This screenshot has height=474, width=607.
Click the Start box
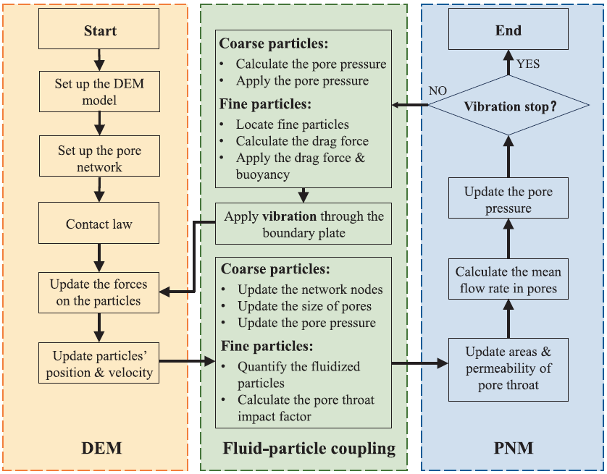pyautogui.click(x=100, y=31)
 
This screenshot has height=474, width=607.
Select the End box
pyautogui.click(x=508, y=31)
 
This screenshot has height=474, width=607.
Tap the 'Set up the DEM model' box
pyautogui.click(x=99, y=92)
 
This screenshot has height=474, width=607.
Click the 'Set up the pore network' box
pyautogui.click(x=99, y=159)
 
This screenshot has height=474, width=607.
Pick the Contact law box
pyautogui.click(x=99, y=224)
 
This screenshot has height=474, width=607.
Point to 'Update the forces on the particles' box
pyautogui.click(x=99, y=292)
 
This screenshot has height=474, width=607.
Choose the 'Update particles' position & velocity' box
pyautogui.click(x=99, y=364)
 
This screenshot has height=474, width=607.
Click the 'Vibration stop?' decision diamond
pyautogui.click(x=509, y=106)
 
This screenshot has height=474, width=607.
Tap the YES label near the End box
pyautogui.click(x=528, y=64)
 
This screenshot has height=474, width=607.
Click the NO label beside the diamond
pyautogui.click(x=438, y=91)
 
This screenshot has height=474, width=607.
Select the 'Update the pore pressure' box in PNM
pyautogui.click(x=508, y=200)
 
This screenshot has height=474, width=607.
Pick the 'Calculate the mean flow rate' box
pyautogui.click(x=508, y=281)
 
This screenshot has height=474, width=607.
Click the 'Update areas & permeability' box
pyautogui.click(x=508, y=369)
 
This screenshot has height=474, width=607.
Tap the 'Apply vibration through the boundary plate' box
pyautogui.click(x=304, y=225)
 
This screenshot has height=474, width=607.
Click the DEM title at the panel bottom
pyautogui.click(x=102, y=449)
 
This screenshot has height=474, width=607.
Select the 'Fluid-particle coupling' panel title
pyautogui.click(x=309, y=449)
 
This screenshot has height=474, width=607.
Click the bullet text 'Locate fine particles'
pyautogui.click(x=292, y=124)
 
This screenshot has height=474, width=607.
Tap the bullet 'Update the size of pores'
pyautogui.click(x=304, y=306)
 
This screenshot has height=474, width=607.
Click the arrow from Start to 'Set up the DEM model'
pyautogui.click(x=100, y=56)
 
